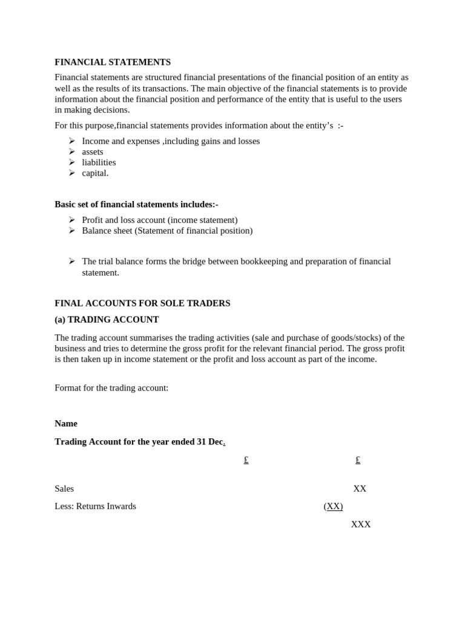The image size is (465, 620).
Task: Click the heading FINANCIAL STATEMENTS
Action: (113, 62)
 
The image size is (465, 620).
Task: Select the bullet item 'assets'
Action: (93, 152)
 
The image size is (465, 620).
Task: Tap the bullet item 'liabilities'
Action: (99, 162)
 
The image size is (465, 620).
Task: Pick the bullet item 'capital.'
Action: (95, 173)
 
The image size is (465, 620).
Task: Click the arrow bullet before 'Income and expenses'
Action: (72, 141)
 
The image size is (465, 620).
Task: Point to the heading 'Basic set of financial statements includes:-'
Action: (136, 205)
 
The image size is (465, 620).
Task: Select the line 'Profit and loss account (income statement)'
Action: (159, 220)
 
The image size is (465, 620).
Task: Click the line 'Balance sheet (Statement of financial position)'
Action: (167, 231)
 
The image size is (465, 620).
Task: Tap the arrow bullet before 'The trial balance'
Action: (72, 261)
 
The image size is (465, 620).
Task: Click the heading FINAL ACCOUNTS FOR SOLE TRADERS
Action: (142, 303)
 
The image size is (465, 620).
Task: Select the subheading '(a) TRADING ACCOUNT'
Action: (107, 320)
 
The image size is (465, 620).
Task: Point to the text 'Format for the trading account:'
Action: (111, 388)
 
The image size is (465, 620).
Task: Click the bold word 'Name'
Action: (66, 424)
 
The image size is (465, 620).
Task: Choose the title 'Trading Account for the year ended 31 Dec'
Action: (139, 442)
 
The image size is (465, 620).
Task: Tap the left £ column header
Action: (246, 460)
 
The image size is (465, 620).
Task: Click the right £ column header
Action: (358, 460)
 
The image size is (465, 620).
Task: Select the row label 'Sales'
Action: (64, 489)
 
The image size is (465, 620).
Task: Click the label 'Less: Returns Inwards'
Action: (95, 506)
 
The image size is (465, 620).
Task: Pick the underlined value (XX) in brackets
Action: (333, 506)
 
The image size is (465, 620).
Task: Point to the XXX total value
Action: (361, 524)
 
